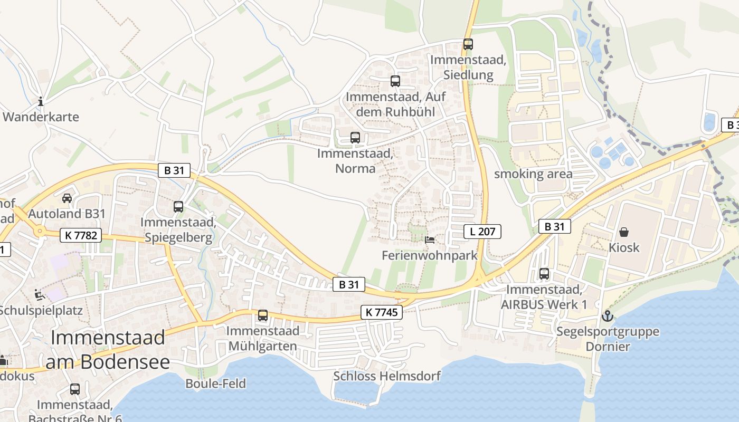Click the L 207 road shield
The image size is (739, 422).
[x=482, y=231]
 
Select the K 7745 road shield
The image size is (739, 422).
[x=382, y=312]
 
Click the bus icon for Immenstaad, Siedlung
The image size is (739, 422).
[x=468, y=44]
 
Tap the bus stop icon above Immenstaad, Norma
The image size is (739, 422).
[x=355, y=138]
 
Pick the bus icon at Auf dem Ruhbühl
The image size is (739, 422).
[x=395, y=81]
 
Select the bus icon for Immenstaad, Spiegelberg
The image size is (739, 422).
[x=178, y=207]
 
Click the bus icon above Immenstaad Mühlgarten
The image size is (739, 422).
[x=263, y=315]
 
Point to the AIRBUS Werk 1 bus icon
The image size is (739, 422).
[x=544, y=274]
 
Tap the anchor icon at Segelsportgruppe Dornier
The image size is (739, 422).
[x=608, y=316]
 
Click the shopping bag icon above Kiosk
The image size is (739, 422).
[x=624, y=232]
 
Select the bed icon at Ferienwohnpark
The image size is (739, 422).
[x=430, y=240]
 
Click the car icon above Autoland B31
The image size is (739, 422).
[x=67, y=198]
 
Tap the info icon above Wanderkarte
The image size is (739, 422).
[x=41, y=101]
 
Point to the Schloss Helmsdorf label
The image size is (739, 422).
[x=386, y=376]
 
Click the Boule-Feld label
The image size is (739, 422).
[x=215, y=383]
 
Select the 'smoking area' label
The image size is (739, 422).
[x=533, y=174]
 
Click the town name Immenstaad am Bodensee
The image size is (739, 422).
[x=108, y=349]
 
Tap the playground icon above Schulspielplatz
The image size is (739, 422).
[x=39, y=294]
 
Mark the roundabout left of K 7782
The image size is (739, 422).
[x=39, y=231]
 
